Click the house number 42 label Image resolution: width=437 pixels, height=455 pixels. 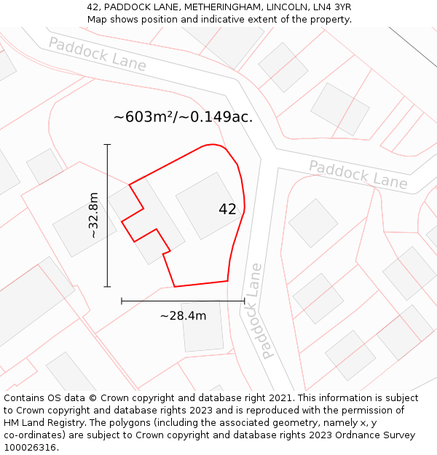click(227, 210)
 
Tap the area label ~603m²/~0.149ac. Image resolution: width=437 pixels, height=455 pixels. click(183, 117)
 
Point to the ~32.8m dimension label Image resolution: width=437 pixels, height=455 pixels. click(93, 215)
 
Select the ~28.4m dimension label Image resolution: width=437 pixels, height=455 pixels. click(183, 316)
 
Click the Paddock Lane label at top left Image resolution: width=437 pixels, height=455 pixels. click(97, 54)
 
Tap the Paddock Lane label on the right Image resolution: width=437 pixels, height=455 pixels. click(358, 174)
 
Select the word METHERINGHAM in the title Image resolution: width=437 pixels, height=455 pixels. click(219, 7)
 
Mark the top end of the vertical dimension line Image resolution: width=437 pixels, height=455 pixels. click(108, 145)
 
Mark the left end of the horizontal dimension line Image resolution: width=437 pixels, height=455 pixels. click(122, 301)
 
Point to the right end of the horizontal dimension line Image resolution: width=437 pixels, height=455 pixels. click(244, 301)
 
